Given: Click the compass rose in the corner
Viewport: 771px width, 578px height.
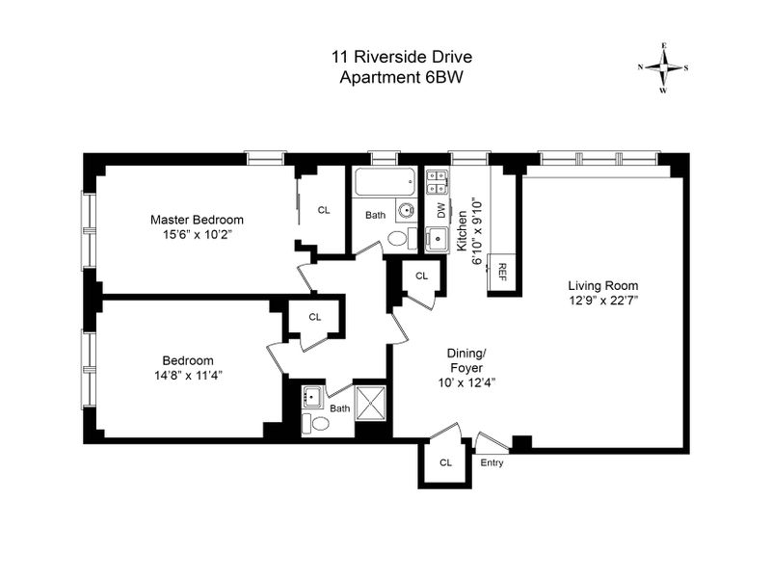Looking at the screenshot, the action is [x=663, y=67].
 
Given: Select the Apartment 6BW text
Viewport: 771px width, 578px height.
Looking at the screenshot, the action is [x=402, y=78].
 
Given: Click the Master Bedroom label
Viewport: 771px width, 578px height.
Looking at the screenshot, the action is [x=197, y=219].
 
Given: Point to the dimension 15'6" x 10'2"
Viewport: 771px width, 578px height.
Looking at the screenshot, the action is [x=197, y=234].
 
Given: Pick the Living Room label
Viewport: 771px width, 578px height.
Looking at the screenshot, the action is [x=603, y=286].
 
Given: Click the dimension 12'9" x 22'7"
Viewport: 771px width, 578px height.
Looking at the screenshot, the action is [x=603, y=301].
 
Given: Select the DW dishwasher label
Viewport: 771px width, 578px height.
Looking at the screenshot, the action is [x=441, y=210].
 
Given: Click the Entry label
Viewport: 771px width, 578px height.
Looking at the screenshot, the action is [x=492, y=462].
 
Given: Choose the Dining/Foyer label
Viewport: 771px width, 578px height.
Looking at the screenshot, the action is [x=465, y=360].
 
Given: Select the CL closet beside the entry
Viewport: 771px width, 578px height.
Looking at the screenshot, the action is [x=445, y=462].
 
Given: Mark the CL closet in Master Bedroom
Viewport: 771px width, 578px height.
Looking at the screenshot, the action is [x=324, y=210].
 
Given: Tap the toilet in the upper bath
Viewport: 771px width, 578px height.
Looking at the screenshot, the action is [x=396, y=238].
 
